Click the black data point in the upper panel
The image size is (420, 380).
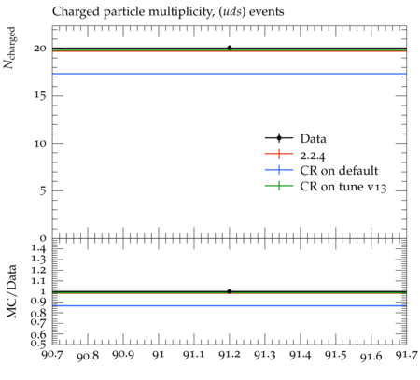click(230, 48)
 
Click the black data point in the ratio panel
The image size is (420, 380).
click(230, 291)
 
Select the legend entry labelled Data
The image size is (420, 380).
click(296, 138)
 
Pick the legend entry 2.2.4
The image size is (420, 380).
click(295, 154)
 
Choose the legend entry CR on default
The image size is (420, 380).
click(321, 170)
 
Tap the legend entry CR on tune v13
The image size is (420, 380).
click(326, 187)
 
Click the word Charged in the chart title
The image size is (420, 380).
click(76, 12)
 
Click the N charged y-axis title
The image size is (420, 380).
click(9, 48)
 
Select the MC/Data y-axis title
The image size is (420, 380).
click(11, 291)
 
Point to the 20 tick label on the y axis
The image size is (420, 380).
click(40, 49)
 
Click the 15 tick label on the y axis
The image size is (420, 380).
click(40, 96)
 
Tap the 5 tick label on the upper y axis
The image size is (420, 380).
click(43, 190)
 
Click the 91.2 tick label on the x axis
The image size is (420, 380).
click(230, 355)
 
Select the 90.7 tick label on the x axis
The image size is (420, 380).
click(52, 355)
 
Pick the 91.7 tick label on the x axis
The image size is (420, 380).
click(407, 355)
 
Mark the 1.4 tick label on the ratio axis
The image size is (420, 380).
click(39, 248)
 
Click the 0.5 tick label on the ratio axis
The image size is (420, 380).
click(38, 344)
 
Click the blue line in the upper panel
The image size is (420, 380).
click(230, 74)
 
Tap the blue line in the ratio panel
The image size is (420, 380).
click(230, 305)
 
